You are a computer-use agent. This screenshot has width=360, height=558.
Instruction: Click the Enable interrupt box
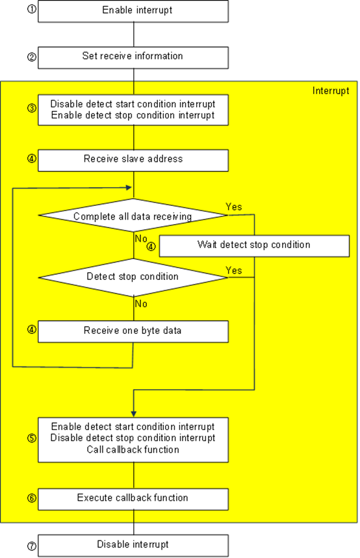click(x=133, y=11)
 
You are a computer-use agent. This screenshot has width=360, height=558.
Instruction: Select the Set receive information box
click(x=133, y=57)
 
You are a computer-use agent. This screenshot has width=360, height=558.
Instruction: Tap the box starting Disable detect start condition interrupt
click(x=133, y=108)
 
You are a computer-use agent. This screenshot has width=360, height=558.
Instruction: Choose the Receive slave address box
click(x=133, y=160)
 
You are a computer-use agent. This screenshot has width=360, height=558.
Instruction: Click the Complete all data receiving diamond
click(x=133, y=216)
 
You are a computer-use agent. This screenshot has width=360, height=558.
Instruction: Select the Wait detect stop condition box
click(x=254, y=246)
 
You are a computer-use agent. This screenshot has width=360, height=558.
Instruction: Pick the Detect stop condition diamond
click(x=133, y=277)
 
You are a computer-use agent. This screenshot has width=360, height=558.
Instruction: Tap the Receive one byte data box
click(x=133, y=331)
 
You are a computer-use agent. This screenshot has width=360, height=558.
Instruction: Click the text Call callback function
click(x=133, y=450)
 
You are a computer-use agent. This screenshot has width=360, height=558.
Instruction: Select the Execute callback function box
click(x=133, y=499)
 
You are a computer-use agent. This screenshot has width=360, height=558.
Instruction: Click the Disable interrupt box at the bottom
click(x=133, y=545)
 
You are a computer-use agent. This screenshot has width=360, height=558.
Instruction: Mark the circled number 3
click(x=31, y=108)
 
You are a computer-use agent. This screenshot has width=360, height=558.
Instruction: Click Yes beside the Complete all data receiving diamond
click(x=234, y=207)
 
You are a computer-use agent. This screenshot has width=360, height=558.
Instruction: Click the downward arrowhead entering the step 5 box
click(x=133, y=413)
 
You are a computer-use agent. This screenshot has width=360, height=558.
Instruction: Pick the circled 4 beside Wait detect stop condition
click(x=151, y=247)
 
